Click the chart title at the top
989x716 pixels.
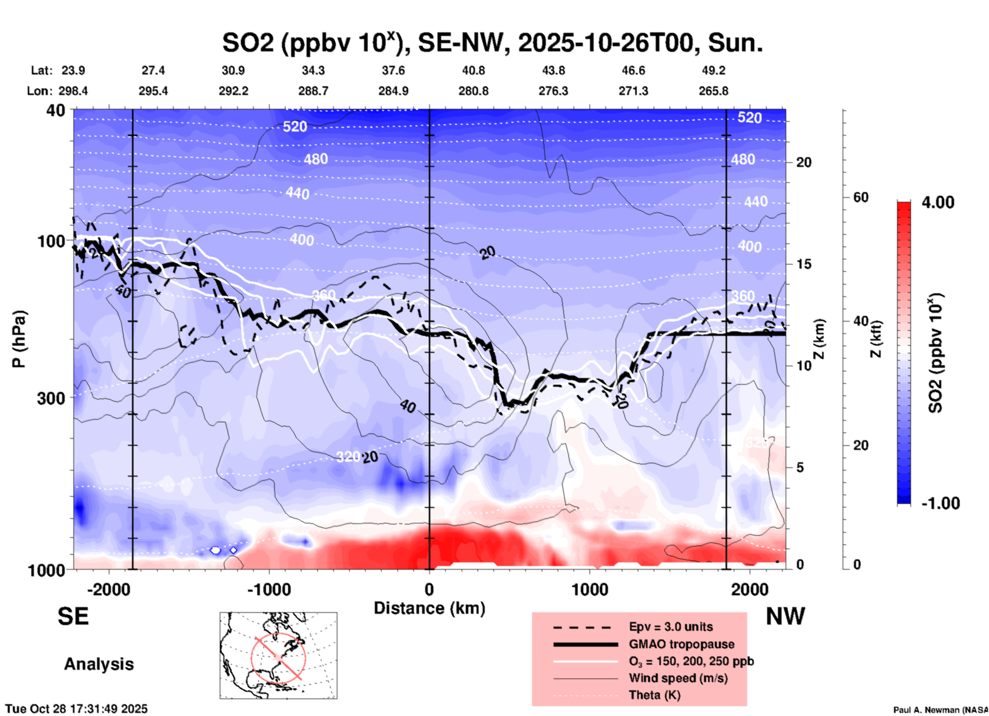pos(492,43)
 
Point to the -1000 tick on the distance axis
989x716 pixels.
pos(269,589)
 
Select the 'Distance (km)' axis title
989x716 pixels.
pos(429,608)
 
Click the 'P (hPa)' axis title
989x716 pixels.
pos(19,339)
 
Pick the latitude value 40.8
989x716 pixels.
pos(473,70)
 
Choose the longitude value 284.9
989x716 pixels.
pos(393,91)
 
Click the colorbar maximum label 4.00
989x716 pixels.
pos(938,202)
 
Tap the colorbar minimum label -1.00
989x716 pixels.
pos(940,503)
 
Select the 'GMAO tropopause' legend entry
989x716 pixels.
pos(681,644)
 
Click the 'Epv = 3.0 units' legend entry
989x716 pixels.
pos(671,627)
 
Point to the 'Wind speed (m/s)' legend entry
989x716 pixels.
pos(678,678)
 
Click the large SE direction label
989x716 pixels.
pos(73,616)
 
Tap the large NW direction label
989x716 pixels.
pos(785,616)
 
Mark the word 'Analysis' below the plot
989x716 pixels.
pos(99,664)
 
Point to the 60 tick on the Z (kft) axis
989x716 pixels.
pos(861,197)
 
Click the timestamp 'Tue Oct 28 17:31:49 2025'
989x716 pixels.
pos(77,709)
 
